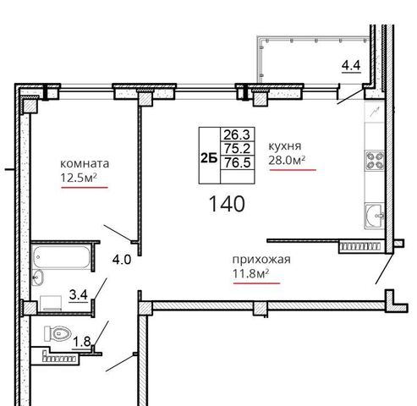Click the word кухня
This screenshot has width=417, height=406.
pyautogui.click(x=285, y=146)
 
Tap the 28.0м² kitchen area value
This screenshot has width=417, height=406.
pyautogui.click(x=287, y=160)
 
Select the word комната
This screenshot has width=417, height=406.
pyautogui.click(x=85, y=164)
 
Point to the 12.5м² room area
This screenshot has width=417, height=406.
pyautogui.click(x=79, y=178)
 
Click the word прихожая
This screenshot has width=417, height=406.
pyautogui.click(x=261, y=260)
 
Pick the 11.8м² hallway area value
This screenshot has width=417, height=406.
pyautogui.click(x=251, y=273)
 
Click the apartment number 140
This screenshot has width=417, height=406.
pyautogui.click(x=227, y=204)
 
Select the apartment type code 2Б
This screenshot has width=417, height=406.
pyautogui.click(x=209, y=158)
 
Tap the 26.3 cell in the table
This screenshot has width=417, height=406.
pyautogui.click(x=237, y=134)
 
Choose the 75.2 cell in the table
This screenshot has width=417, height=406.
pyautogui.click(x=237, y=148)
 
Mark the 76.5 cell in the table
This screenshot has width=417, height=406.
pyautogui.click(x=237, y=162)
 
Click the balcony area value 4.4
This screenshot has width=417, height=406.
pyautogui.click(x=351, y=66)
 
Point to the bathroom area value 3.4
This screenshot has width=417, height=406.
pyautogui.click(x=79, y=295)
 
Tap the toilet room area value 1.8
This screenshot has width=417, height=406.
pyautogui.click(x=82, y=342)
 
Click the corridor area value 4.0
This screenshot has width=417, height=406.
pyautogui.click(x=122, y=260)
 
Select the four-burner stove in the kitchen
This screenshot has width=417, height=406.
pyautogui.click(x=375, y=161)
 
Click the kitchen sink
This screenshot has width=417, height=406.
pyautogui.click(x=375, y=216)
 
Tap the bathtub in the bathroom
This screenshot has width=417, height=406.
pyautogui.click(x=61, y=256)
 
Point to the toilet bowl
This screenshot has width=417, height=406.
pyautogui.click(x=57, y=333)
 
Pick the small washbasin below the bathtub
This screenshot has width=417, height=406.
pyautogui.click(x=37, y=277)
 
